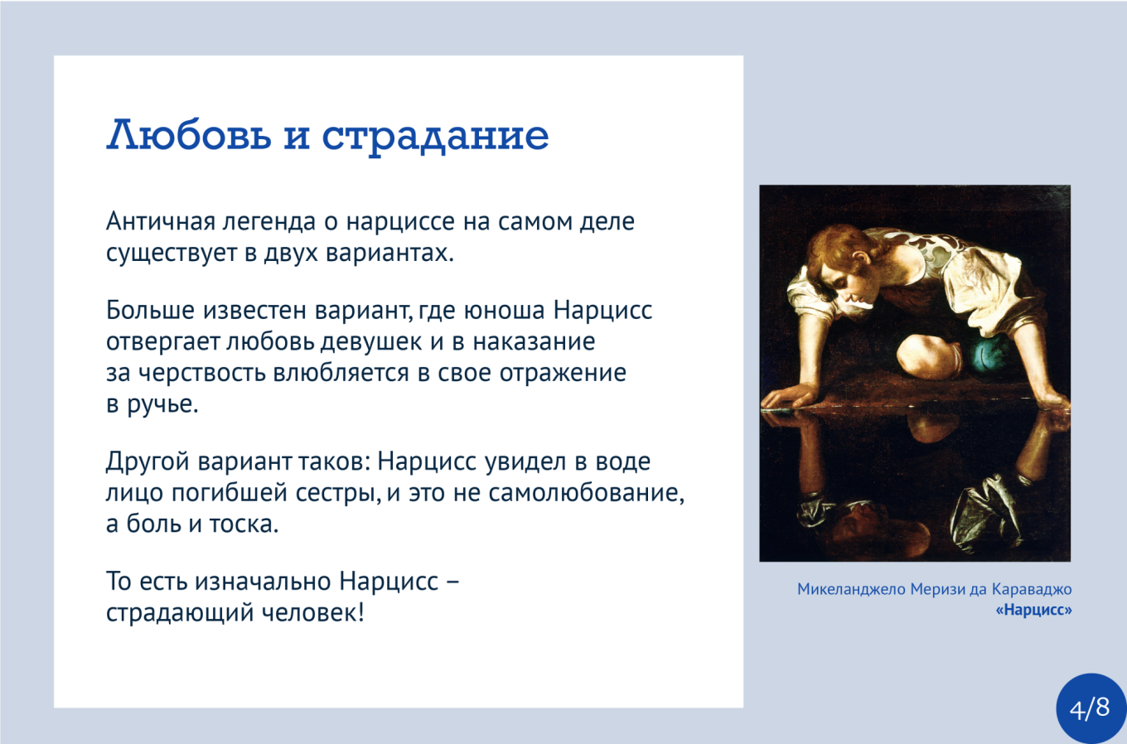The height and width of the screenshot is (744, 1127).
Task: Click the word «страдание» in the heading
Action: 435,136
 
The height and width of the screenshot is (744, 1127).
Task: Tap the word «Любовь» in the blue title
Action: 189,134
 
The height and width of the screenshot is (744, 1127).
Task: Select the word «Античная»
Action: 161,221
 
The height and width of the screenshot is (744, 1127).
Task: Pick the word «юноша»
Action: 504,311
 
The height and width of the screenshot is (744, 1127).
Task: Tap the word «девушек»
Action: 371,342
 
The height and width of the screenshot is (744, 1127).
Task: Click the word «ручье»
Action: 162,405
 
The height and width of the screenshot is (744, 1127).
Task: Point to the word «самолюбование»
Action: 586,494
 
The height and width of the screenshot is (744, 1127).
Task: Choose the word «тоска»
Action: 244,524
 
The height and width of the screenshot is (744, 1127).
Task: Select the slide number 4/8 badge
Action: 1090,708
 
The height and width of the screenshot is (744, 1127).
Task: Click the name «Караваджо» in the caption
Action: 1032,589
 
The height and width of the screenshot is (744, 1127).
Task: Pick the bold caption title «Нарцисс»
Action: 1034,610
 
